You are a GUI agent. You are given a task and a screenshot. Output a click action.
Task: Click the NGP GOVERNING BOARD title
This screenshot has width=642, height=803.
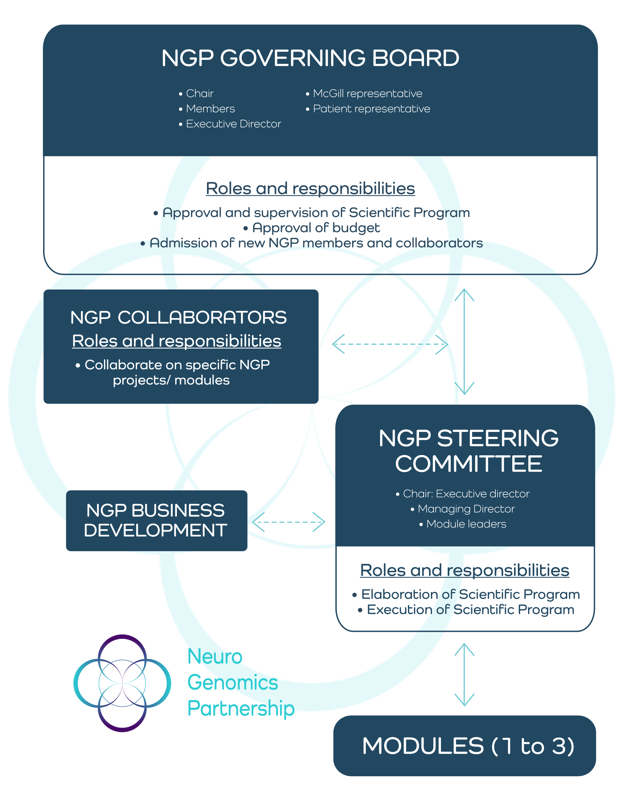310,58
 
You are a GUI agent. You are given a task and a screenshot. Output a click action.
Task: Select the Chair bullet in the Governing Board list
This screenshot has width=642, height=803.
196,93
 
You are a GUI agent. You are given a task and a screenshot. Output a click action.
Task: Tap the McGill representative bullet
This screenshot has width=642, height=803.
364,93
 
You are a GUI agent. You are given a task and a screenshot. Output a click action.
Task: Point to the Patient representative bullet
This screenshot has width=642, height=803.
368,109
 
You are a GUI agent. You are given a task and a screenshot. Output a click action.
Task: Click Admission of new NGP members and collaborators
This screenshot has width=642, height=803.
312,243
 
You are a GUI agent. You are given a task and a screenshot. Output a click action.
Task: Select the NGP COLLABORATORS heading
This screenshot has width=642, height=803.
179,317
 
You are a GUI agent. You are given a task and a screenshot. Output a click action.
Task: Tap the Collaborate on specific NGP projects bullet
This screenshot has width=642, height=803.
173,372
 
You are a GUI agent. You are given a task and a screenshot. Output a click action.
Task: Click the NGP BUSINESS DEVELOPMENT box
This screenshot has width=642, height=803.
156,521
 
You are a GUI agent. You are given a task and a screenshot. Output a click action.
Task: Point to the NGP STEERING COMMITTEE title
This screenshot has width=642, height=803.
468,451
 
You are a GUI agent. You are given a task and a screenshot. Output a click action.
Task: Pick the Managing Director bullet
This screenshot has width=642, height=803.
462,509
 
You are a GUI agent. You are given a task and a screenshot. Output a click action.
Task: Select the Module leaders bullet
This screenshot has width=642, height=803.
462,524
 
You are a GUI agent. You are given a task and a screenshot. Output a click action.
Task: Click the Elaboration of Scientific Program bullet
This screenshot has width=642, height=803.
466,594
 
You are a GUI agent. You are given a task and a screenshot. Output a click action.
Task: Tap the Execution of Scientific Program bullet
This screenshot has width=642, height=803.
466,610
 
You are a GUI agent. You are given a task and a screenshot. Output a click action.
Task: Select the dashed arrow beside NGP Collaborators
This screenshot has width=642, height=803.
390,344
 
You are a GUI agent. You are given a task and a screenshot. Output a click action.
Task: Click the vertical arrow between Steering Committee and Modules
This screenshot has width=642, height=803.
464,675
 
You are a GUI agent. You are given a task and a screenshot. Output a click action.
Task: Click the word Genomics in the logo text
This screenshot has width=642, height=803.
232,682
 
